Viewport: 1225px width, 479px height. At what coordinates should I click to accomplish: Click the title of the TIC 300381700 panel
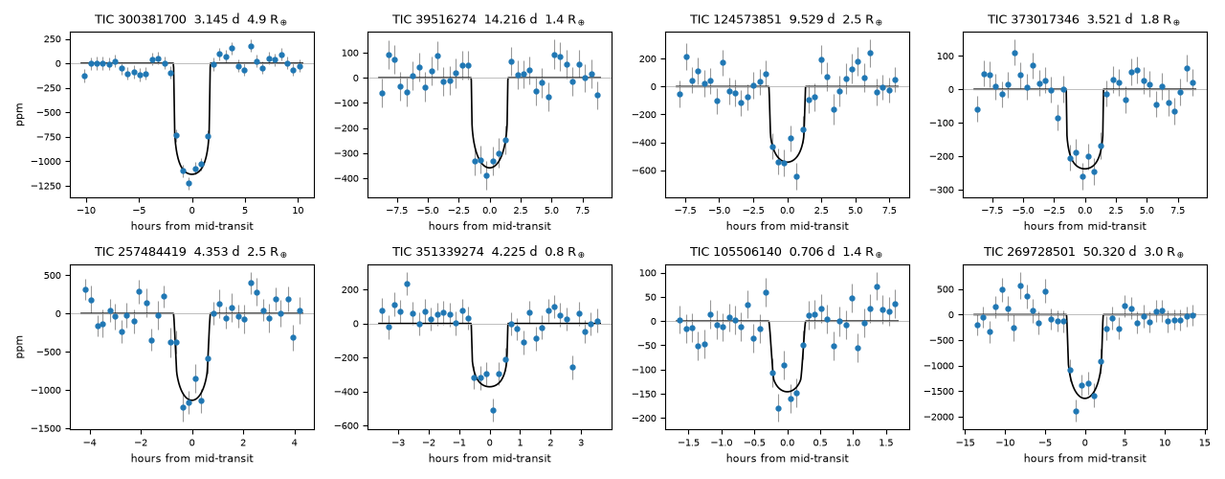tap(190, 20)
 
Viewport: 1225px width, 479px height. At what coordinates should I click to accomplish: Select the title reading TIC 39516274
tap(488, 20)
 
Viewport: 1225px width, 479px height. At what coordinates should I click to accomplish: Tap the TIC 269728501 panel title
tap(1084, 252)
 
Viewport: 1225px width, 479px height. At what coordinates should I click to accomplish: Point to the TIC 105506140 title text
tap(786, 252)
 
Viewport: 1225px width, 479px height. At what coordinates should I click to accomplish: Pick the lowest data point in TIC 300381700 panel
tap(189, 183)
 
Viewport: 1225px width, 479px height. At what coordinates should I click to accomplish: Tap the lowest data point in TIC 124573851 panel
tap(797, 177)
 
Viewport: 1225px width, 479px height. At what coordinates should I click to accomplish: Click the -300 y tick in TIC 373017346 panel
tap(941, 191)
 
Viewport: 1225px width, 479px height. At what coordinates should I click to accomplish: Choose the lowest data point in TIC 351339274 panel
tap(493, 411)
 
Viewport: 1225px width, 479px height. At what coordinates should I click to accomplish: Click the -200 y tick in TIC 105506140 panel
tap(644, 419)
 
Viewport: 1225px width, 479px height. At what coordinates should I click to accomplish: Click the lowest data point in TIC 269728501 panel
tap(1077, 412)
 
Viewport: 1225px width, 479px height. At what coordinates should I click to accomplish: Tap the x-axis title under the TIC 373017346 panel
tap(1084, 226)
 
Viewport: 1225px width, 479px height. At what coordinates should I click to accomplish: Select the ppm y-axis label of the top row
tap(20, 114)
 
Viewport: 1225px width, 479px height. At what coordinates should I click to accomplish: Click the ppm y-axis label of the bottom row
tap(20, 347)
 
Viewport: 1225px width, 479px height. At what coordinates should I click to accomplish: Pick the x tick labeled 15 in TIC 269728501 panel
tap(1205, 443)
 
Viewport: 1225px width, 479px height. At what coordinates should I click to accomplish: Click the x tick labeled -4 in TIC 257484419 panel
tap(90, 443)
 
